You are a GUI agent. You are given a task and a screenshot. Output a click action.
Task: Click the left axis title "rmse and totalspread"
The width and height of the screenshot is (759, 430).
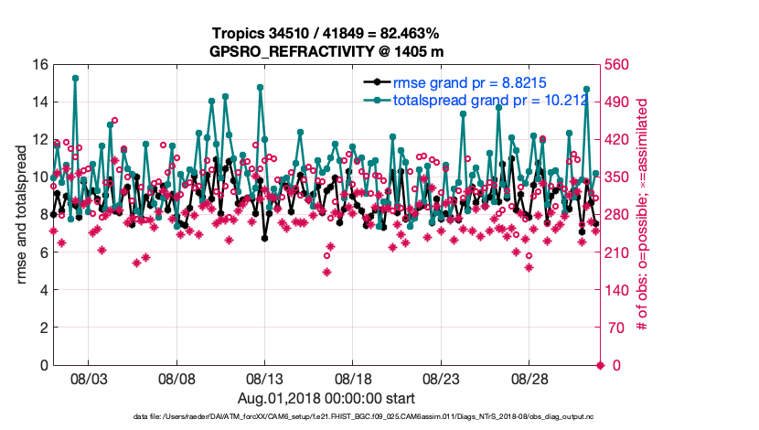click(20, 215)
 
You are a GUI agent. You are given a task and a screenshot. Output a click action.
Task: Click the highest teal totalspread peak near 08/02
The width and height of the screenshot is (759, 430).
click(75, 79)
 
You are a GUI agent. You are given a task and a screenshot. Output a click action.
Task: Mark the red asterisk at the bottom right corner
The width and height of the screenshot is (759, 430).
click(600, 366)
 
